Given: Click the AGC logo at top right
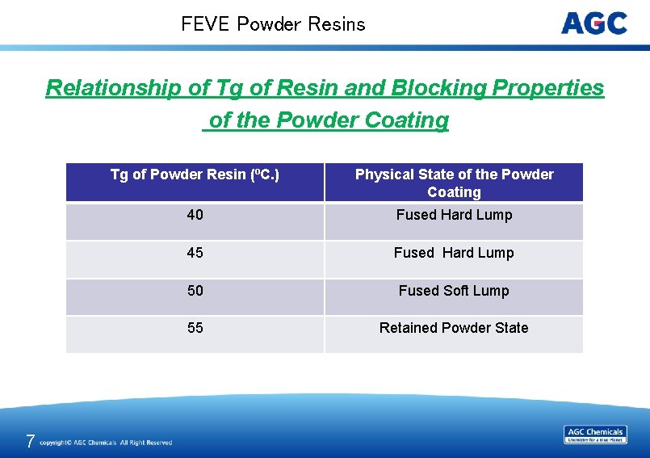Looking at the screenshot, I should coord(594,23).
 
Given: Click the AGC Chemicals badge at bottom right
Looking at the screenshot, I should coord(595,435).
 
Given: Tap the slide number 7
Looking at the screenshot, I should coord(30,441).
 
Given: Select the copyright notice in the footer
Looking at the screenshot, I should coord(106,443).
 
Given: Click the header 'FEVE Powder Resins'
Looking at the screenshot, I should coord(273,24).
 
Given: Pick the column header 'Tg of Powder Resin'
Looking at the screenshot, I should coord(195,174).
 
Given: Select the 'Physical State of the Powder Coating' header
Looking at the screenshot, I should coord(454,183).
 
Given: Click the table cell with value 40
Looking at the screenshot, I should coord(195,215).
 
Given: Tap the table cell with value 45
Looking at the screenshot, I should coord(195,253).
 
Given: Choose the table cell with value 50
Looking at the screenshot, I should coord(195,291).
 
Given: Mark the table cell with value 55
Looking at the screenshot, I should coord(195,328).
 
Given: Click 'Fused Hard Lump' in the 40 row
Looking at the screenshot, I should coord(454,215).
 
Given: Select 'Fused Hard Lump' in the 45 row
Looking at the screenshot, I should coord(454,253).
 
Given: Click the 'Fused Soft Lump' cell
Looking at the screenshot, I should coord(454,291).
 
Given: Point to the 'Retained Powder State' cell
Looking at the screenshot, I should coord(454,328).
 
